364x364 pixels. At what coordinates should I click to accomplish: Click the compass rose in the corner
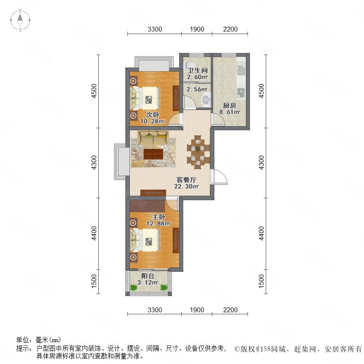pos(20,20)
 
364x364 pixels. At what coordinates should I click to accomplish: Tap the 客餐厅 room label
pos(186,180)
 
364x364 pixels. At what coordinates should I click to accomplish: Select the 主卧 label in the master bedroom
pos(159,217)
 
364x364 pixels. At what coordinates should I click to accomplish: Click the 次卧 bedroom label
pos(152,115)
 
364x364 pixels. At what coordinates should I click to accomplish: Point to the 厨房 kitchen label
pos(230,106)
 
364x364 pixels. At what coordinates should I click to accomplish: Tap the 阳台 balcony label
pos(148,276)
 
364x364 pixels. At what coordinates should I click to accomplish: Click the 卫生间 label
pos(197,70)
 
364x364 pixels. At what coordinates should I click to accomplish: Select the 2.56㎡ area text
pos(197,89)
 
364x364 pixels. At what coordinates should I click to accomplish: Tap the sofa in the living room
pos(153,138)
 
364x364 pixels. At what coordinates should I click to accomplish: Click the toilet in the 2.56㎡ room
pos(206,99)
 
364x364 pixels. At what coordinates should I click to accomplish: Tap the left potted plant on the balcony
pos(134,288)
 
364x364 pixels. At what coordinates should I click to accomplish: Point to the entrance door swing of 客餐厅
pos(219,177)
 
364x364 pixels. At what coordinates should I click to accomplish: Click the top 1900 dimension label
pos(197,29)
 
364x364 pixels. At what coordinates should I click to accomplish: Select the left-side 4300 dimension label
pos(94,163)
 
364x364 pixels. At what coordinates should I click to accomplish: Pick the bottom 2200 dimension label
pos(230,310)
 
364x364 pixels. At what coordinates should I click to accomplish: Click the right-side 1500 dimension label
pos(261,281)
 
